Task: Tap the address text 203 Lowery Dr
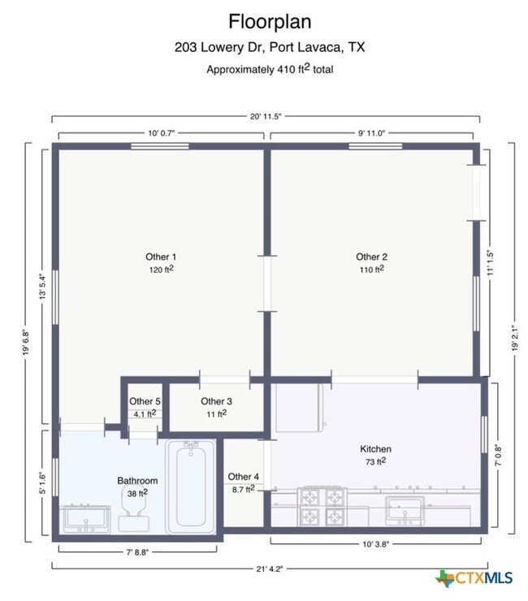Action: point(269,47)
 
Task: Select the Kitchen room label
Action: point(375,449)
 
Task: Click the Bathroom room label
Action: point(137,481)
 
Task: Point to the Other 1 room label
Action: point(161,257)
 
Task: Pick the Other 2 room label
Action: point(371,257)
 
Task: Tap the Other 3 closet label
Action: point(216,401)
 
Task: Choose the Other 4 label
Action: point(244,477)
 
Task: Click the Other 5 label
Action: point(145,401)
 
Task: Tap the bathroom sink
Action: point(86,517)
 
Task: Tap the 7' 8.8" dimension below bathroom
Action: point(136,551)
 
